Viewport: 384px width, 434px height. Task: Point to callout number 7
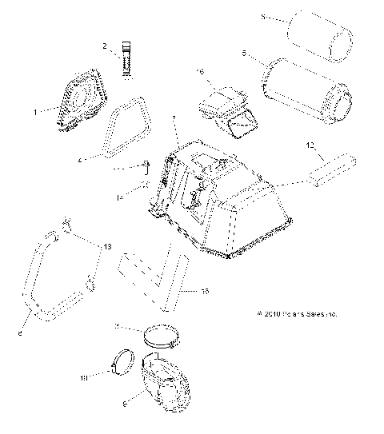pyautogui.click(x=174, y=117)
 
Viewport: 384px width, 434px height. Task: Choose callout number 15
pyautogui.click(x=206, y=291)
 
